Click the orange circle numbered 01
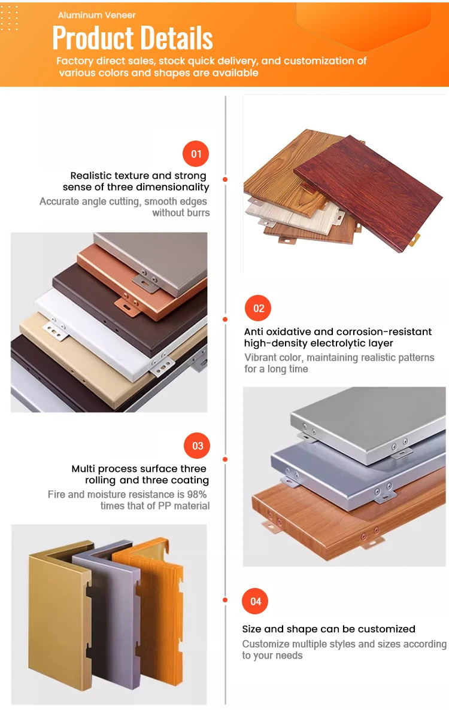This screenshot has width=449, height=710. pyautogui.click(x=196, y=154)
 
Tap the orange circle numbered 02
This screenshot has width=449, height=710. pyautogui.click(x=258, y=309)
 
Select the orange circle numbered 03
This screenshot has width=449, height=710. pyautogui.click(x=197, y=446)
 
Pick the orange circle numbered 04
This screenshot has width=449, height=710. pyautogui.click(x=255, y=601)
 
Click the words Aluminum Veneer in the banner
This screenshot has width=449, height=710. pyautogui.click(x=96, y=15)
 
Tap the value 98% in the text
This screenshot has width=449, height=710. pyautogui.click(x=196, y=494)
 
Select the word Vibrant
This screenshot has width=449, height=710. pyautogui.click(x=260, y=358)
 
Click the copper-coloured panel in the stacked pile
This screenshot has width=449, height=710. pyautogui.click(x=142, y=281)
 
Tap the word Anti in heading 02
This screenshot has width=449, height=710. pyautogui.click(x=254, y=331)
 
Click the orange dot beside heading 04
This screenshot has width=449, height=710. pyautogui.click(x=225, y=600)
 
